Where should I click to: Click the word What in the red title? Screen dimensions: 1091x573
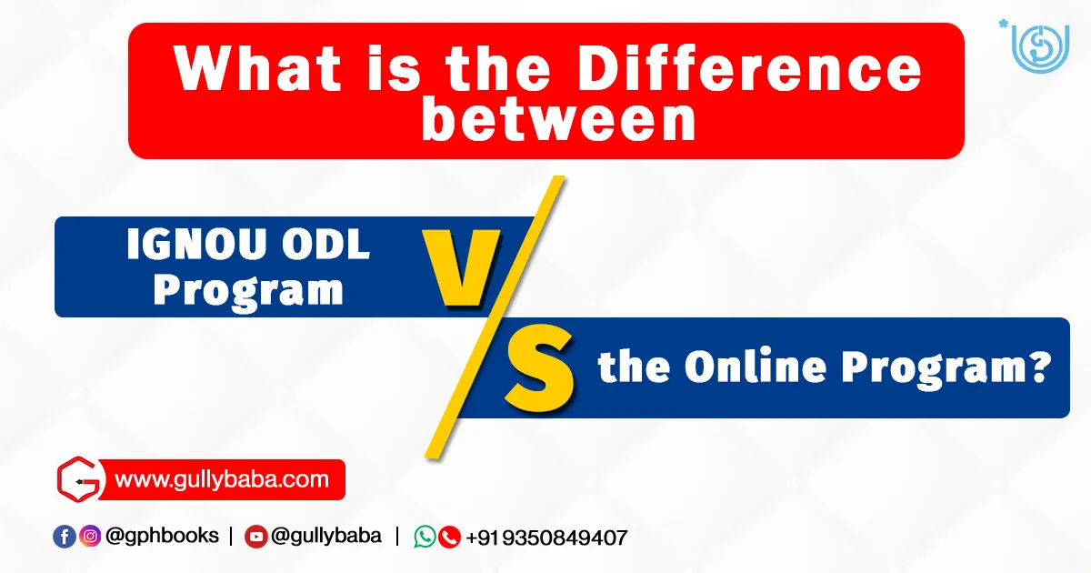pyautogui.click(x=257, y=68)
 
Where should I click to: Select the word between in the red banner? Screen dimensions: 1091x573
pyautogui.click(x=558, y=120)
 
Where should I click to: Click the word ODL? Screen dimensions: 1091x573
pyautogui.click(x=325, y=244)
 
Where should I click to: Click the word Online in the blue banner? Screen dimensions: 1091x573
pyautogui.click(x=756, y=366)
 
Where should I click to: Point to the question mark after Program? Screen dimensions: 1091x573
pyautogui.click(x=1039, y=367)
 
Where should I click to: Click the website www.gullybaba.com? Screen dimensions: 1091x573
pyautogui.click(x=222, y=480)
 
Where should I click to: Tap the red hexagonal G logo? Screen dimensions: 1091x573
pyautogui.click(x=79, y=479)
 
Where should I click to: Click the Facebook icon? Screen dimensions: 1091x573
pyautogui.click(x=65, y=537)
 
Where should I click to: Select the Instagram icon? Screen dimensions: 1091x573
pyautogui.click(x=90, y=537)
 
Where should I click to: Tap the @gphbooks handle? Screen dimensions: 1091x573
pyautogui.click(x=162, y=536)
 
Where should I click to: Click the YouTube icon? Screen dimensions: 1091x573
pyautogui.click(x=256, y=537)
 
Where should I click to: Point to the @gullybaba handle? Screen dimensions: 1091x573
pyautogui.click(x=326, y=536)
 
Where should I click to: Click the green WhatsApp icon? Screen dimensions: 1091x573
pyautogui.click(x=425, y=537)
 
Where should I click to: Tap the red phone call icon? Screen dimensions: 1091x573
pyautogui.click(x=449, y=537)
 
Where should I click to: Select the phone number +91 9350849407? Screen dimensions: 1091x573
pyautogui.click(x=546, y=538)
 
